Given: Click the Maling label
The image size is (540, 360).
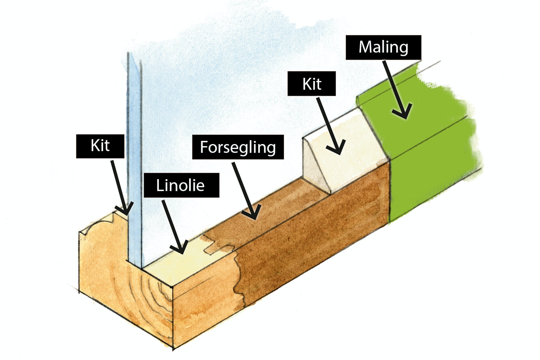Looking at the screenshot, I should (383, 47).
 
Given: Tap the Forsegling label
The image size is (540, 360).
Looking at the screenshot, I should (238, 147).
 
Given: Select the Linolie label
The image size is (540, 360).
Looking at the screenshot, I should (181, 185).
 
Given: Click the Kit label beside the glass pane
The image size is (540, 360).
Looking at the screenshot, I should (100, 146).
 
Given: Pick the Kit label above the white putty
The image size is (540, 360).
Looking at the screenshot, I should (312, 84).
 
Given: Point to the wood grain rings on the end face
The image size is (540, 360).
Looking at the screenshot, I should (151, 292).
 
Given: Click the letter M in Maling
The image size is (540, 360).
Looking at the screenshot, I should (365, 47).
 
